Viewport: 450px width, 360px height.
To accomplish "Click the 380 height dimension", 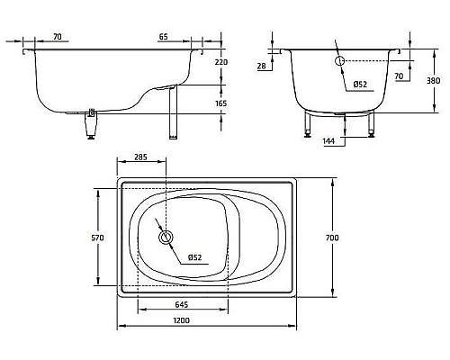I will pos(433,80).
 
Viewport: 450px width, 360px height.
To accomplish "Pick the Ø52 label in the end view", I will pos(360,85).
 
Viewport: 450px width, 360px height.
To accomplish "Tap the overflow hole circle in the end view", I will pos(339,61).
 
